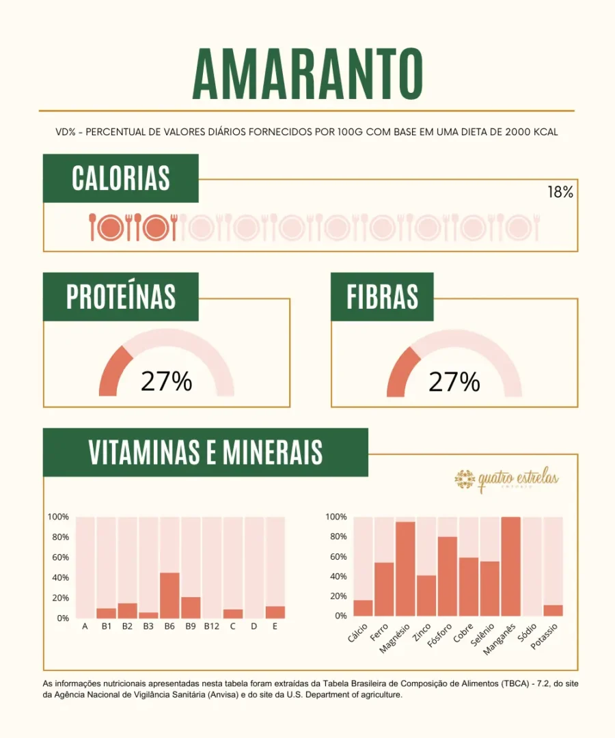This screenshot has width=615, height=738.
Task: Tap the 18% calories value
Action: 560,193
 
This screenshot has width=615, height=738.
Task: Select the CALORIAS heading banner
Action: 121,178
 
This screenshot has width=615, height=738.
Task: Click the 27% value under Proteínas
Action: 166,382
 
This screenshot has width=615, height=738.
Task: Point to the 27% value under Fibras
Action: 454,382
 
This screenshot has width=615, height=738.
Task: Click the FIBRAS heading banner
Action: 382,297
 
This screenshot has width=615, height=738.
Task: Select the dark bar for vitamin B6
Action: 169,595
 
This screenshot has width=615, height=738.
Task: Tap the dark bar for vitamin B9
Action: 191,607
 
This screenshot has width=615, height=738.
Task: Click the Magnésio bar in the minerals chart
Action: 405,569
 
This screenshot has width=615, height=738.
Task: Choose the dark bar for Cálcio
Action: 363,607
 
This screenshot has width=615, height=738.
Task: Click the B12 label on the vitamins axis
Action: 212,626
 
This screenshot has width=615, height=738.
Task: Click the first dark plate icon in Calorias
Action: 111,228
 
